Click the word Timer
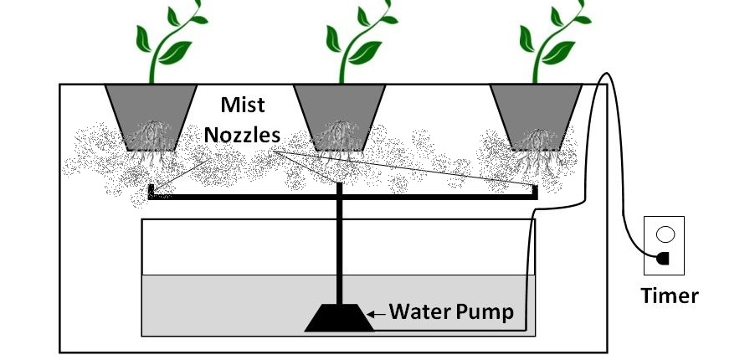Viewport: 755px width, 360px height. pos(669,294)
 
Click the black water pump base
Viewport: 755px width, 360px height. pos(339,318)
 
